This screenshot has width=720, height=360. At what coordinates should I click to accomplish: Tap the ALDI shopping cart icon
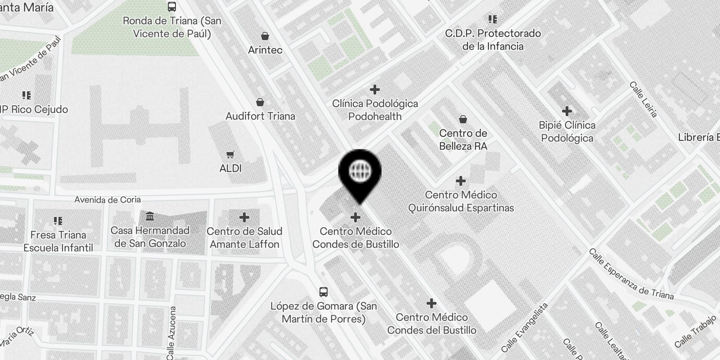(230, 155)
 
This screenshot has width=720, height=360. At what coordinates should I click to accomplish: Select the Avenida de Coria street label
(108, 199)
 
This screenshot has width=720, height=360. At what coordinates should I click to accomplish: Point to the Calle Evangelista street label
(525, 327)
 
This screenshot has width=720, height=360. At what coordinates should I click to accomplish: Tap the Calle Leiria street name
(643, 99)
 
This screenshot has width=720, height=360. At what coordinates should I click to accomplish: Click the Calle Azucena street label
(171, 333)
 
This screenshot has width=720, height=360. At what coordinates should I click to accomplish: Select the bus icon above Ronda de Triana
(172, 7)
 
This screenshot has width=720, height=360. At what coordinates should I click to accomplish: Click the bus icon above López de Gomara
(323, 292)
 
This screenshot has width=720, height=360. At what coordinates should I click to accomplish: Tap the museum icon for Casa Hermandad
(150, 217)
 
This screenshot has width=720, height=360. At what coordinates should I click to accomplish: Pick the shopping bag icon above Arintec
(265, 36)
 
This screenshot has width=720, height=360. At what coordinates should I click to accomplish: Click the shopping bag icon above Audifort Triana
(260, 103)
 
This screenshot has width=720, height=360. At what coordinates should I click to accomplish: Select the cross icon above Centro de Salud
(244, 218)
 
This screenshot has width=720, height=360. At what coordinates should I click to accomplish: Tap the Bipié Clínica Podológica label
(567, 131)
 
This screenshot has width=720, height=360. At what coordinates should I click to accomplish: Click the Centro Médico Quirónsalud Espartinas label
(461, 201)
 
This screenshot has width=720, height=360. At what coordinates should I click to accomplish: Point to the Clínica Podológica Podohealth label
(375, 110)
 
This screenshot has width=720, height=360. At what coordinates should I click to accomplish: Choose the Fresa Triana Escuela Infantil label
(58, 241)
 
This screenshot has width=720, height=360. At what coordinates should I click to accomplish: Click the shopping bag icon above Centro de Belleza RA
(463, 119)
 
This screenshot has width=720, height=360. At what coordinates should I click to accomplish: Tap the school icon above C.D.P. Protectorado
(493, 19)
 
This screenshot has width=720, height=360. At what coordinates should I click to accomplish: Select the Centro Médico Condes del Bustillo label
(432, 324)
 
